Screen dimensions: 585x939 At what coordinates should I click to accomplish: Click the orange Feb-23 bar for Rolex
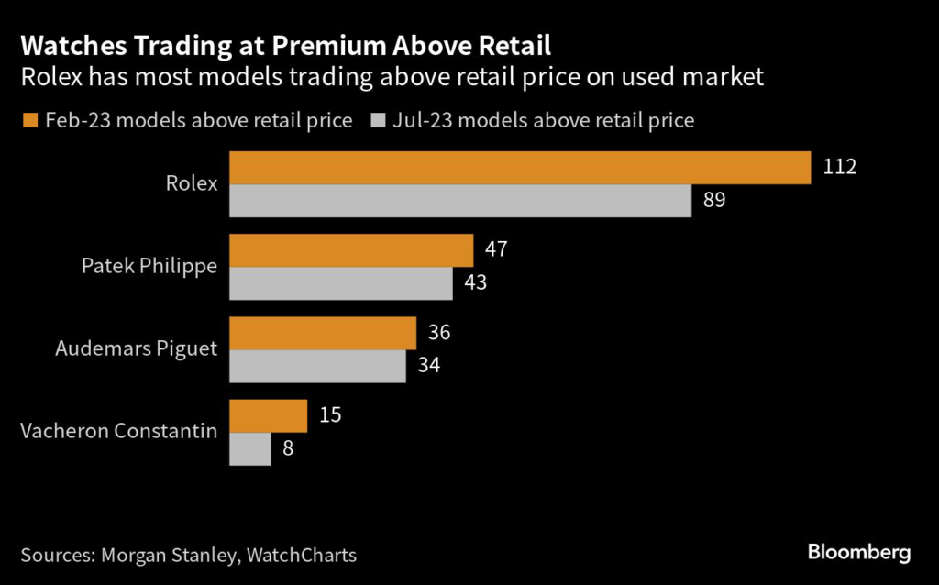(520, 168)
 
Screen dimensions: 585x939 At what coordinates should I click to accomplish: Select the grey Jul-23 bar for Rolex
(459, 201)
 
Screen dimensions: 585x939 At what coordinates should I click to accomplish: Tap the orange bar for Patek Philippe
(351, 250)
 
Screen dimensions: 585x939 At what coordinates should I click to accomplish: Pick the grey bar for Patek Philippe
(341, 283)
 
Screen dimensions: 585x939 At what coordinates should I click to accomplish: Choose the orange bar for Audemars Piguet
(323, 333)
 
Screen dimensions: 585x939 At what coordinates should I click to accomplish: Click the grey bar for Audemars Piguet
(317, 366)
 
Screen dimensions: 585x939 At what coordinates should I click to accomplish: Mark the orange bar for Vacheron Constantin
(268, 415)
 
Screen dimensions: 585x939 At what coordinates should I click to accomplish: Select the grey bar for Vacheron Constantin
(249, 448)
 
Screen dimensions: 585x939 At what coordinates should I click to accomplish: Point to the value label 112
(840, 168)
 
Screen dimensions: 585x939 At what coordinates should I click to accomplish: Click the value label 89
(714, 201)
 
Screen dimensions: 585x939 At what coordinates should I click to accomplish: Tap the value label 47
(496, 250)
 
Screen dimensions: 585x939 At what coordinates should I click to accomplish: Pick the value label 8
(288, 448)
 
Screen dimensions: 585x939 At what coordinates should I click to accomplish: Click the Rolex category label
(192, 183)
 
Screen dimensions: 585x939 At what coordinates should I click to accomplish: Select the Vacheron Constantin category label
(118, 431)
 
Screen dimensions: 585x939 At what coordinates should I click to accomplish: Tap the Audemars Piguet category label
(137, 348)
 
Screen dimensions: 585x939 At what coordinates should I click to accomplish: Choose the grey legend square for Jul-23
(378, 120)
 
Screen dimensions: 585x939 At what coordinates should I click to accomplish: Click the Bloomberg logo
(858, 552)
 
